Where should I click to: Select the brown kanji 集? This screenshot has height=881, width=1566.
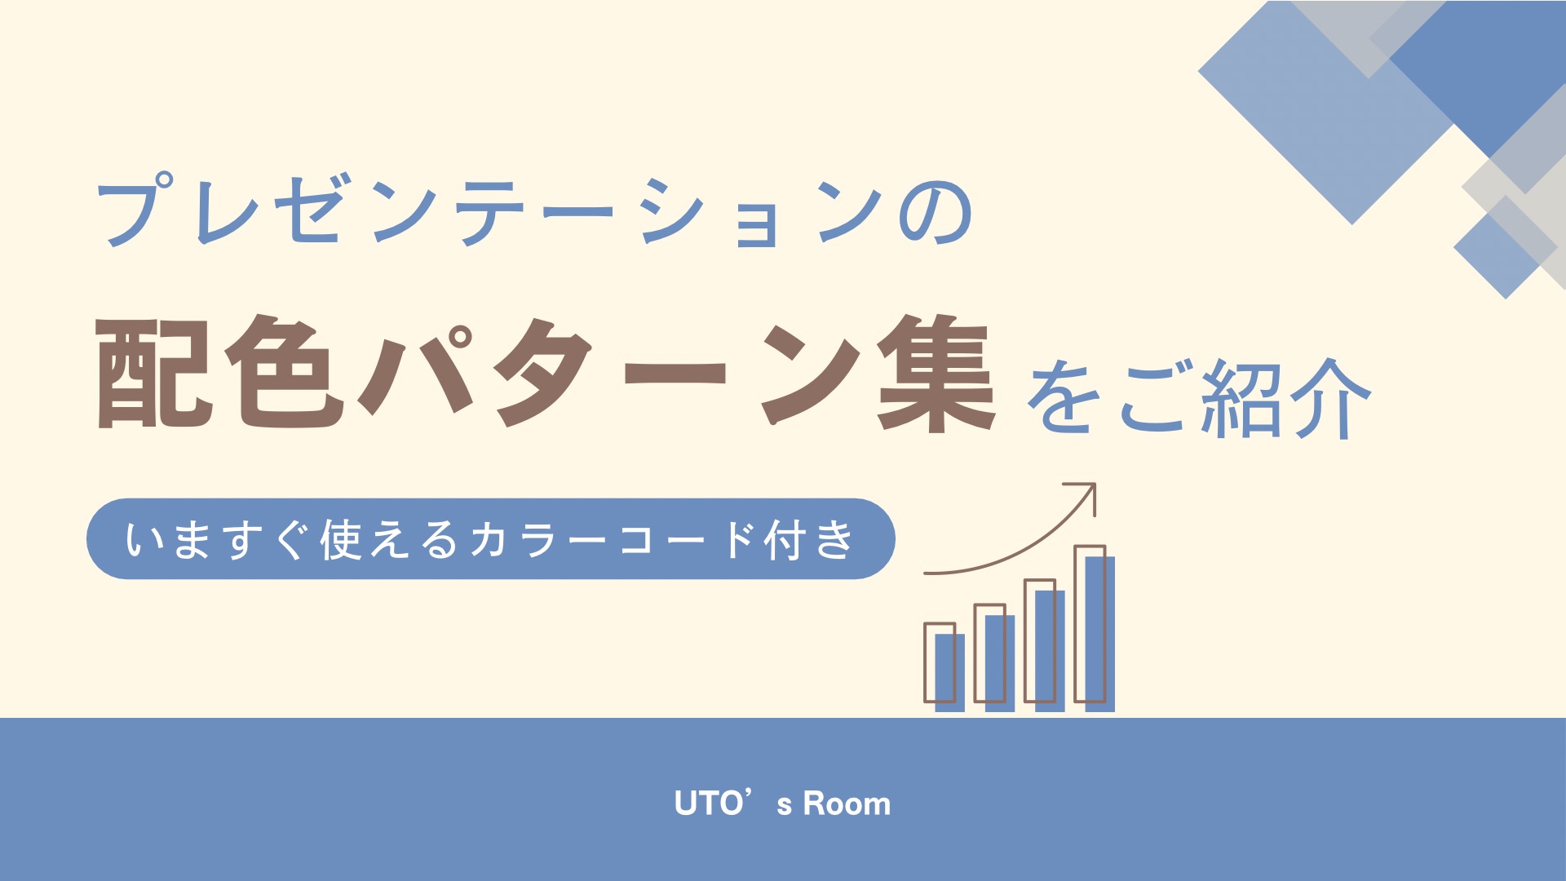pos(936,373)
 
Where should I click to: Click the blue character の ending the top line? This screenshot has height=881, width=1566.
pos(936,214)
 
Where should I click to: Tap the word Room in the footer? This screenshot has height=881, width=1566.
pos(847,804)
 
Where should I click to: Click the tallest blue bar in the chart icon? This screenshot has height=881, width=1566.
pos(1099,634)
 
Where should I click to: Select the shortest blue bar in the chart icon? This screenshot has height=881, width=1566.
pos(949,673)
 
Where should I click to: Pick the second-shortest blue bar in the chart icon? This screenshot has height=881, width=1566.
pos(1000,663)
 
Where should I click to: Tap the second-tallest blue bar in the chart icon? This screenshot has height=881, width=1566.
pos(1050,651)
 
